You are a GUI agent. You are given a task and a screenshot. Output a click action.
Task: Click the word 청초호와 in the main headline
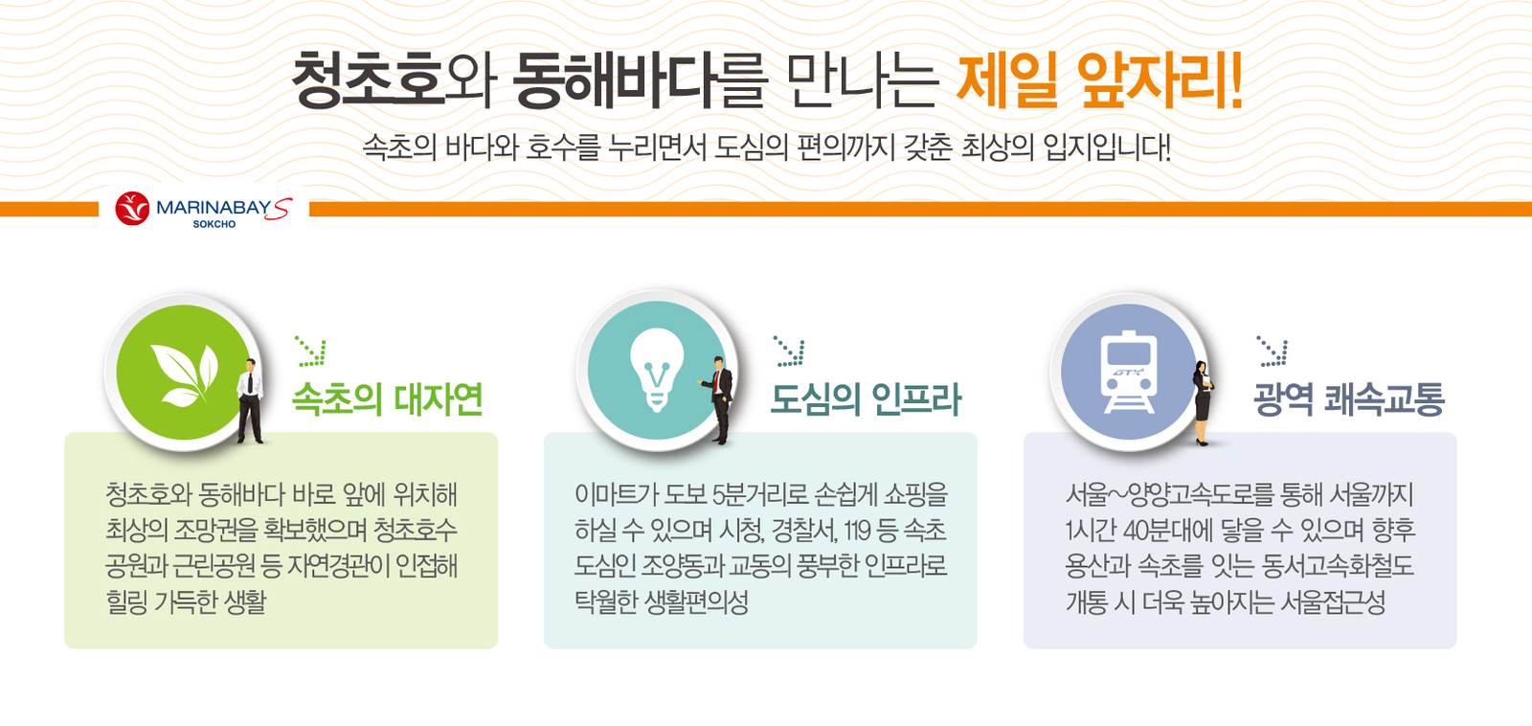click(394, 81)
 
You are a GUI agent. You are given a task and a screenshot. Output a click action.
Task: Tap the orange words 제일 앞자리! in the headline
click(1099, 80)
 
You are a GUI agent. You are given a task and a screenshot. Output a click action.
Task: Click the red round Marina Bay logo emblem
click(132, 208)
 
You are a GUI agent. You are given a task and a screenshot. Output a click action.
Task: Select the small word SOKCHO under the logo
click(214, 224)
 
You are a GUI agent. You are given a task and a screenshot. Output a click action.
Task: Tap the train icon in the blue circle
click(1129, 373)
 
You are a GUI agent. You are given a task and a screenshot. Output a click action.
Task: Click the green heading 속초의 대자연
click(388, 399)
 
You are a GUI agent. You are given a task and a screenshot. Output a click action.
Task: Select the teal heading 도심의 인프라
click(866, 399)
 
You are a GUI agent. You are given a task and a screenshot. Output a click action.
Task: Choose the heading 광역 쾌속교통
click(1349, 399)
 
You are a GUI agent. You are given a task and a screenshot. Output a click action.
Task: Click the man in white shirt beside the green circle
click(250, 400)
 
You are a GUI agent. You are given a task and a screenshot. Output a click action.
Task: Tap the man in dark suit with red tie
click(718, 400)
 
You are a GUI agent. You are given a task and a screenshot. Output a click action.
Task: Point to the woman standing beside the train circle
click(1203, 403)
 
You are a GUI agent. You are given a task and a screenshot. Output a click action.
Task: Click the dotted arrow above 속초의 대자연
click(310, 351)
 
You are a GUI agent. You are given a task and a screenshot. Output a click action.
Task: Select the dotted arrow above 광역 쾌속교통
click(1273, 351)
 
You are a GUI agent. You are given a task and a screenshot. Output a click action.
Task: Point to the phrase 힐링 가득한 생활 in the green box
click(186, 602)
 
